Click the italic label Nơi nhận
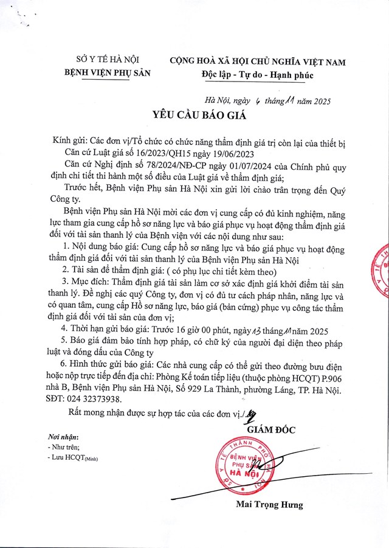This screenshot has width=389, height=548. pyautogui.click(x=63, y=438)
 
